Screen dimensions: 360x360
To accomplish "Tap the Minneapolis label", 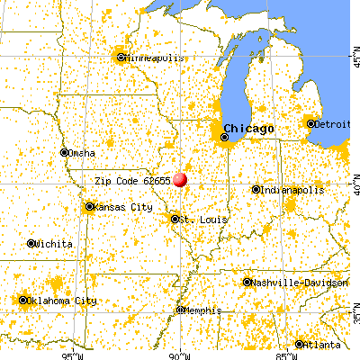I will [155, 58].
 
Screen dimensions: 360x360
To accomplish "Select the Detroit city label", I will [330, 124].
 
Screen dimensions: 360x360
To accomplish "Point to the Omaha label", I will [81, 152].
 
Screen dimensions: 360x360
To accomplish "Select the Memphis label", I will [202, 310].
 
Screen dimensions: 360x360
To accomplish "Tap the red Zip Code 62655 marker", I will [181, 179].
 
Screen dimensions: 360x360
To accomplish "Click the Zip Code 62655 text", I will [132, 181].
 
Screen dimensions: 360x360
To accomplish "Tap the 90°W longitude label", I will [180, 353].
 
